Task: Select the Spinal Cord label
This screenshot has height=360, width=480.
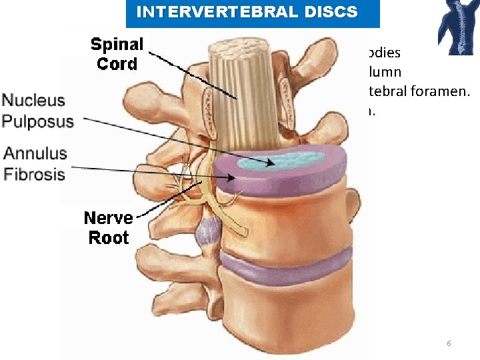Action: pos(117,54)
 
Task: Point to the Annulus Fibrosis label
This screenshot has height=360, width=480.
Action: pos(35,164)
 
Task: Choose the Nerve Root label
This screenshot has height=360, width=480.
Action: pos(109,227)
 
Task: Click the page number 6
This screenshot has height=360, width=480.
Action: pos(449,343)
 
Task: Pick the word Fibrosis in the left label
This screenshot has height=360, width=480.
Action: pos(35,175)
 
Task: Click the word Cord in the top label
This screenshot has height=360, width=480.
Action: pos(117,64)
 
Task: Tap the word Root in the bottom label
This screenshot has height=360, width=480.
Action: pos(109,237)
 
